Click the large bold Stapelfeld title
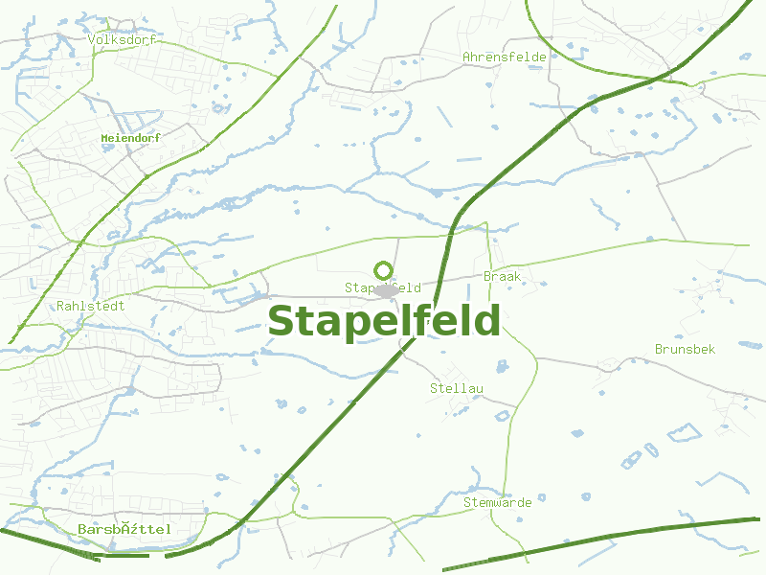point(384,321)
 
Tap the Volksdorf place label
point(121,40)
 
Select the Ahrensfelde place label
point(504,57)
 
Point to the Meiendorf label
point(130,138)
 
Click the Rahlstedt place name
point(91,307)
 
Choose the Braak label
point(502,276)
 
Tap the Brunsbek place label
point(685,350)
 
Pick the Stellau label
point(457,388)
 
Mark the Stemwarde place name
point(497,502)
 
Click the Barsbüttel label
point(124,529)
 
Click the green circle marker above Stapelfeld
point(383,270)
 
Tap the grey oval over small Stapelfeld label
point(385,290)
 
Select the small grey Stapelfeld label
point(383,287)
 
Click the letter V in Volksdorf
point(91,40)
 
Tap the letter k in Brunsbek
point(711,350)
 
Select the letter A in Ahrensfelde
point(467,57)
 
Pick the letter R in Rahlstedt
point(61,307)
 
